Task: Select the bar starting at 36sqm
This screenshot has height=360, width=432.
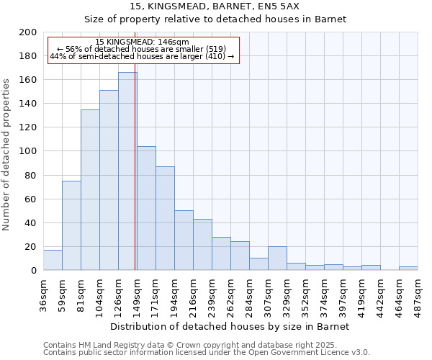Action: [x=53, y=260]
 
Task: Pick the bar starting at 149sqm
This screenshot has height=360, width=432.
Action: [x=146, y=208]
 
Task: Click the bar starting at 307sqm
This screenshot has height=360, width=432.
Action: [x=277, y=258]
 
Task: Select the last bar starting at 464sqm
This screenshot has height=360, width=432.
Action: [x=408, y=269]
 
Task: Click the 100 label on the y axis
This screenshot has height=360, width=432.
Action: [x=28, y=151]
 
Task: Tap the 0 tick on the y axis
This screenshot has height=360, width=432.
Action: [x=33, y=271]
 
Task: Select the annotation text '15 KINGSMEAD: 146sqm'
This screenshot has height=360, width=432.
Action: [x=142, y=42]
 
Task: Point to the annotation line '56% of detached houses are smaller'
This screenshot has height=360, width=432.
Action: [x=142, y=49]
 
